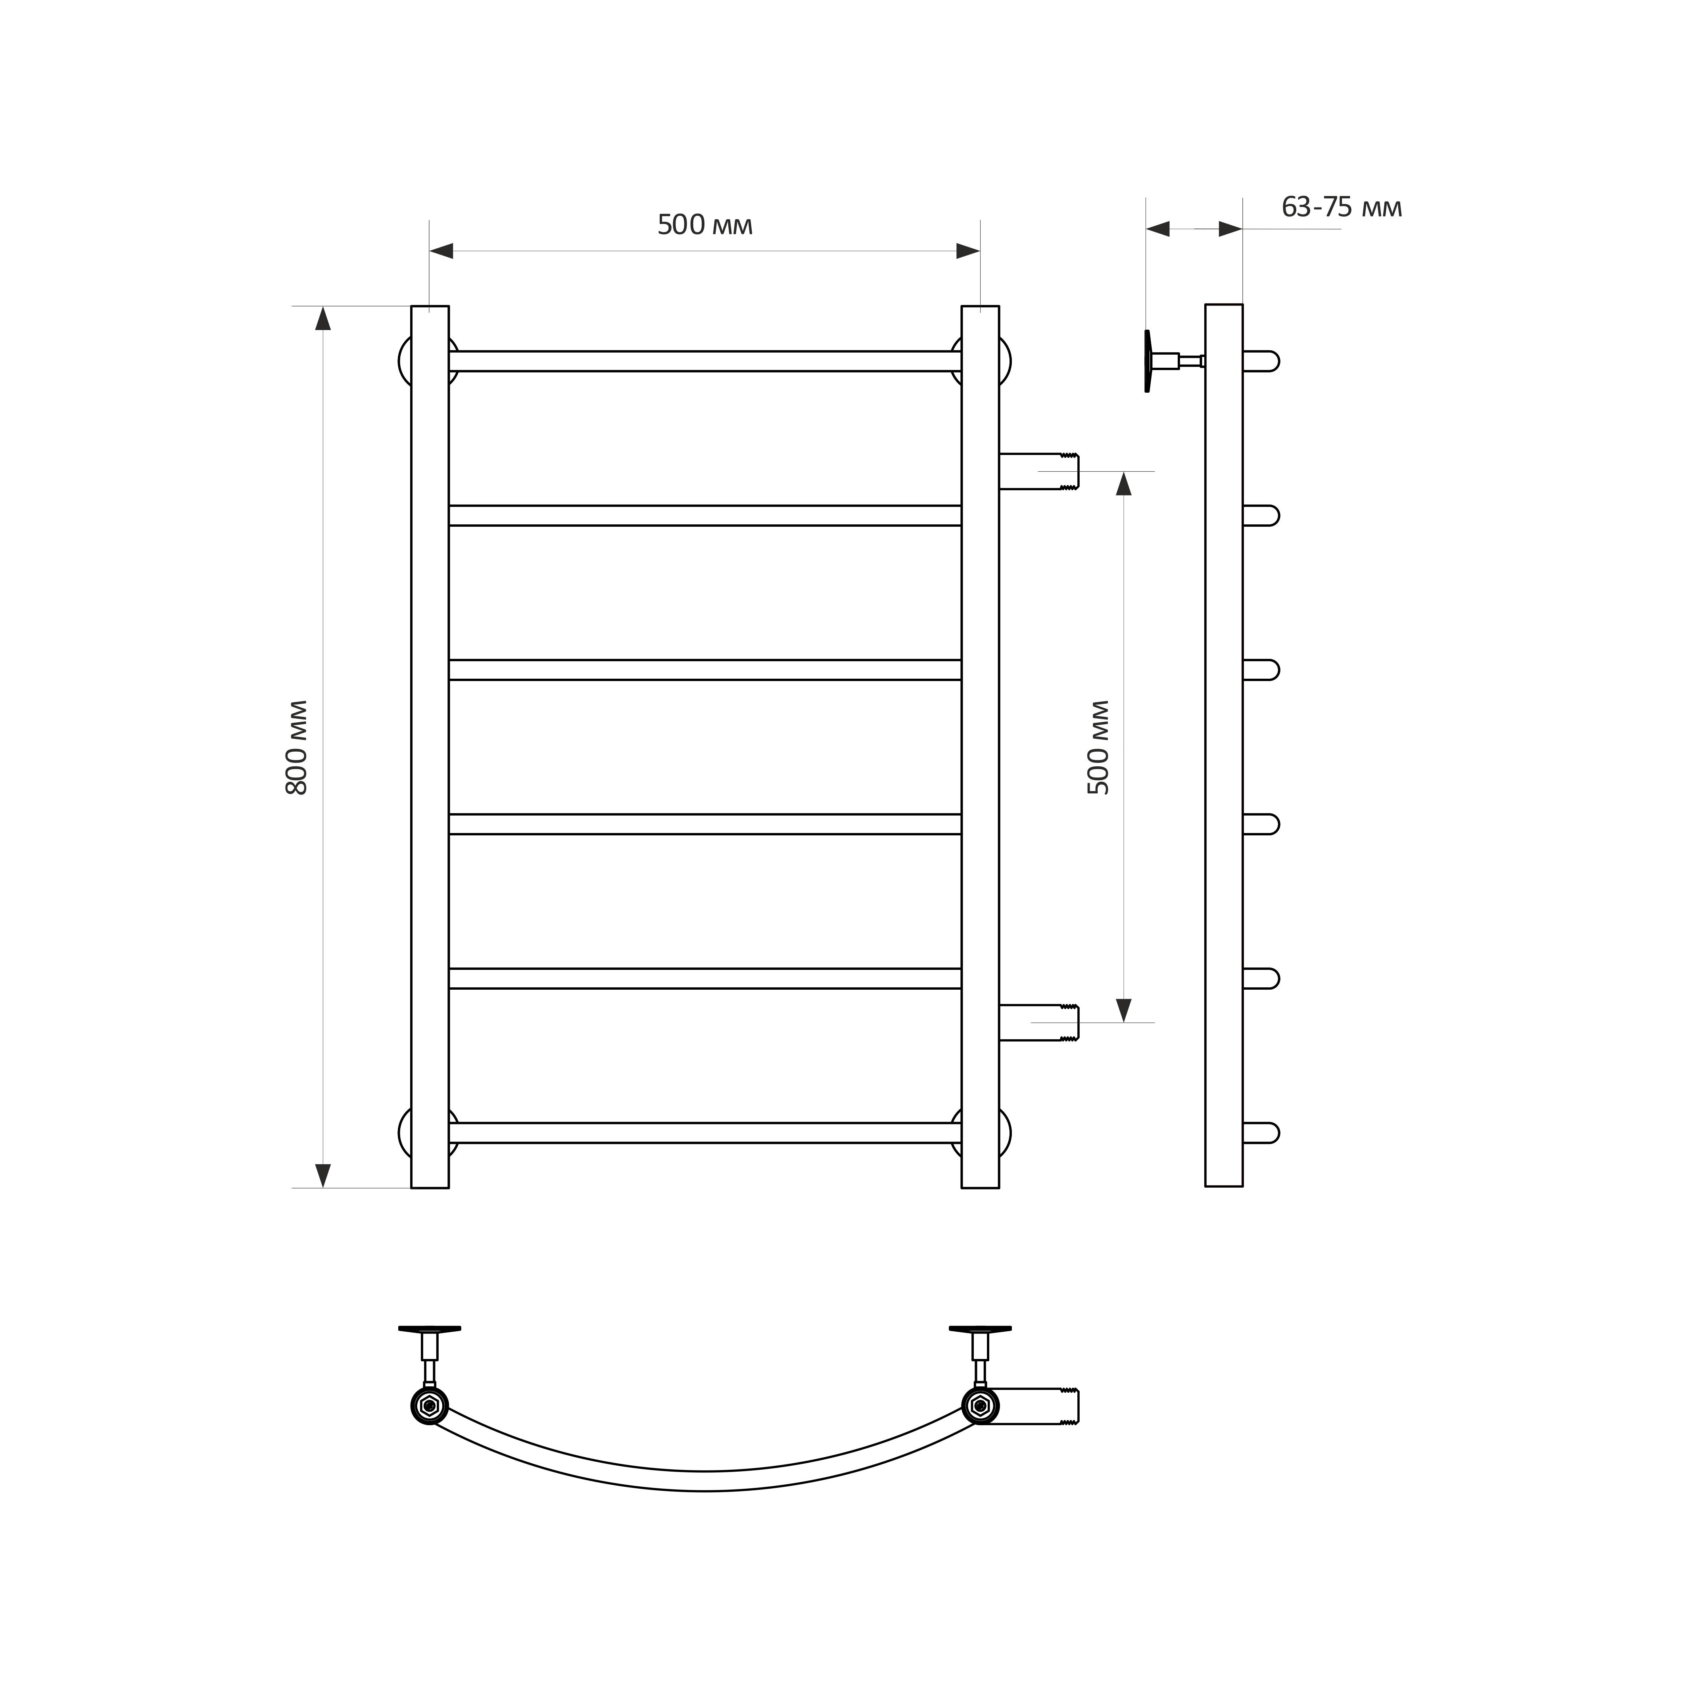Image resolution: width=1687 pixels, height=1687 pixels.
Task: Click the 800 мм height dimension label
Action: (297, 747)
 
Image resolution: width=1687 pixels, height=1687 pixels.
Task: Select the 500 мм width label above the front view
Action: (704, 225)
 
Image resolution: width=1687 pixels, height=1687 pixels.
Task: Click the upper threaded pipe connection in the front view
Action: (1039, 472)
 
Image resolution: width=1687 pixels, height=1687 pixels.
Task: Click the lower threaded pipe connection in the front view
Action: (1039, 1023)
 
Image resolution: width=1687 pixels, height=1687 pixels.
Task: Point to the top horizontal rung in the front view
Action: (704, 361)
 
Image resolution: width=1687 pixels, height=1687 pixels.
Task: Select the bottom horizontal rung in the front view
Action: (704, 1132)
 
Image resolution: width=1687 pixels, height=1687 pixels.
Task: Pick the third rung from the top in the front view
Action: (704, 670)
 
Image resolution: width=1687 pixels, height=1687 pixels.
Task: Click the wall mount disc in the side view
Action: (1148, 361)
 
